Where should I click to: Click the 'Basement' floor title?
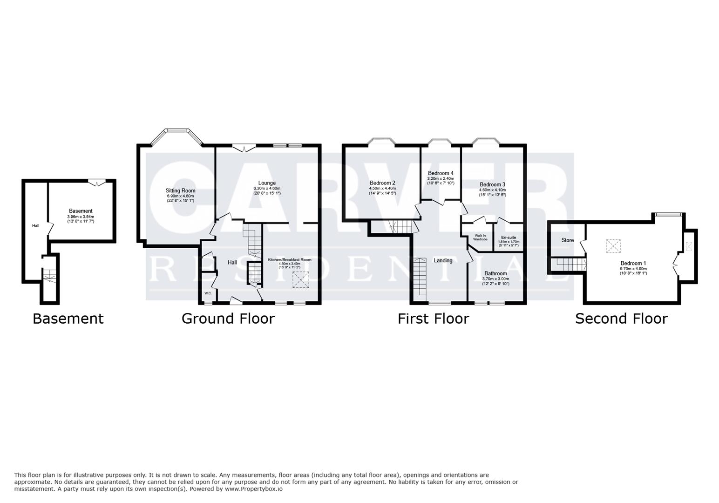[68, 319]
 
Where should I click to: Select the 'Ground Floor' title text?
[228, 319]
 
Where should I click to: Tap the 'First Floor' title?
[433, 319]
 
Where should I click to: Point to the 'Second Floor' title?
[621, 319]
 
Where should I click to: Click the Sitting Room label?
[181, 190]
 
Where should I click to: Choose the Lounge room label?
[267, 183]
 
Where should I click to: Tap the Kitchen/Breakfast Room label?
[289, 260]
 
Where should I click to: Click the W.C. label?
[208, 293]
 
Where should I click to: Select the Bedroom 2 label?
[382, 183]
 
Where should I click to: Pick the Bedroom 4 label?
[441, 173]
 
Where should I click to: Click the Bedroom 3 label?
[492, 184]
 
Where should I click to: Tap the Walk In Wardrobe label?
[480, 238]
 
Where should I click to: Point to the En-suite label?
[509, 238]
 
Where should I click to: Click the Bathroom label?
[495, 273]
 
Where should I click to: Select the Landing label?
[443, 260]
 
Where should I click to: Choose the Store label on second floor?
[567, 240]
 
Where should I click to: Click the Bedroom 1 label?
[633, 263]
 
